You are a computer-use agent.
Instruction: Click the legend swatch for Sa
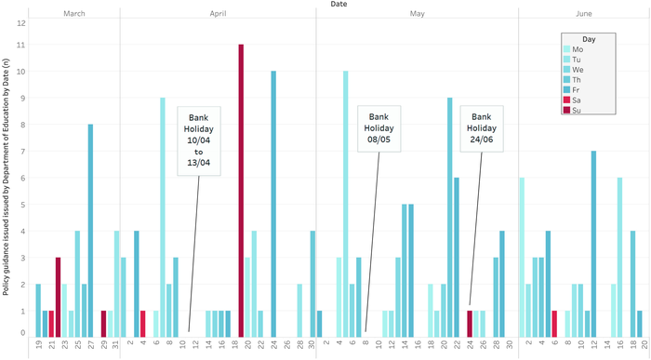coord(565,97)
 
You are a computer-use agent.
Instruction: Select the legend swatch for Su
coord(565,108)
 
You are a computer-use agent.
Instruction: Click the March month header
coord(75,15)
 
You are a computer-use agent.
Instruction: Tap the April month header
coord(218,15)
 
